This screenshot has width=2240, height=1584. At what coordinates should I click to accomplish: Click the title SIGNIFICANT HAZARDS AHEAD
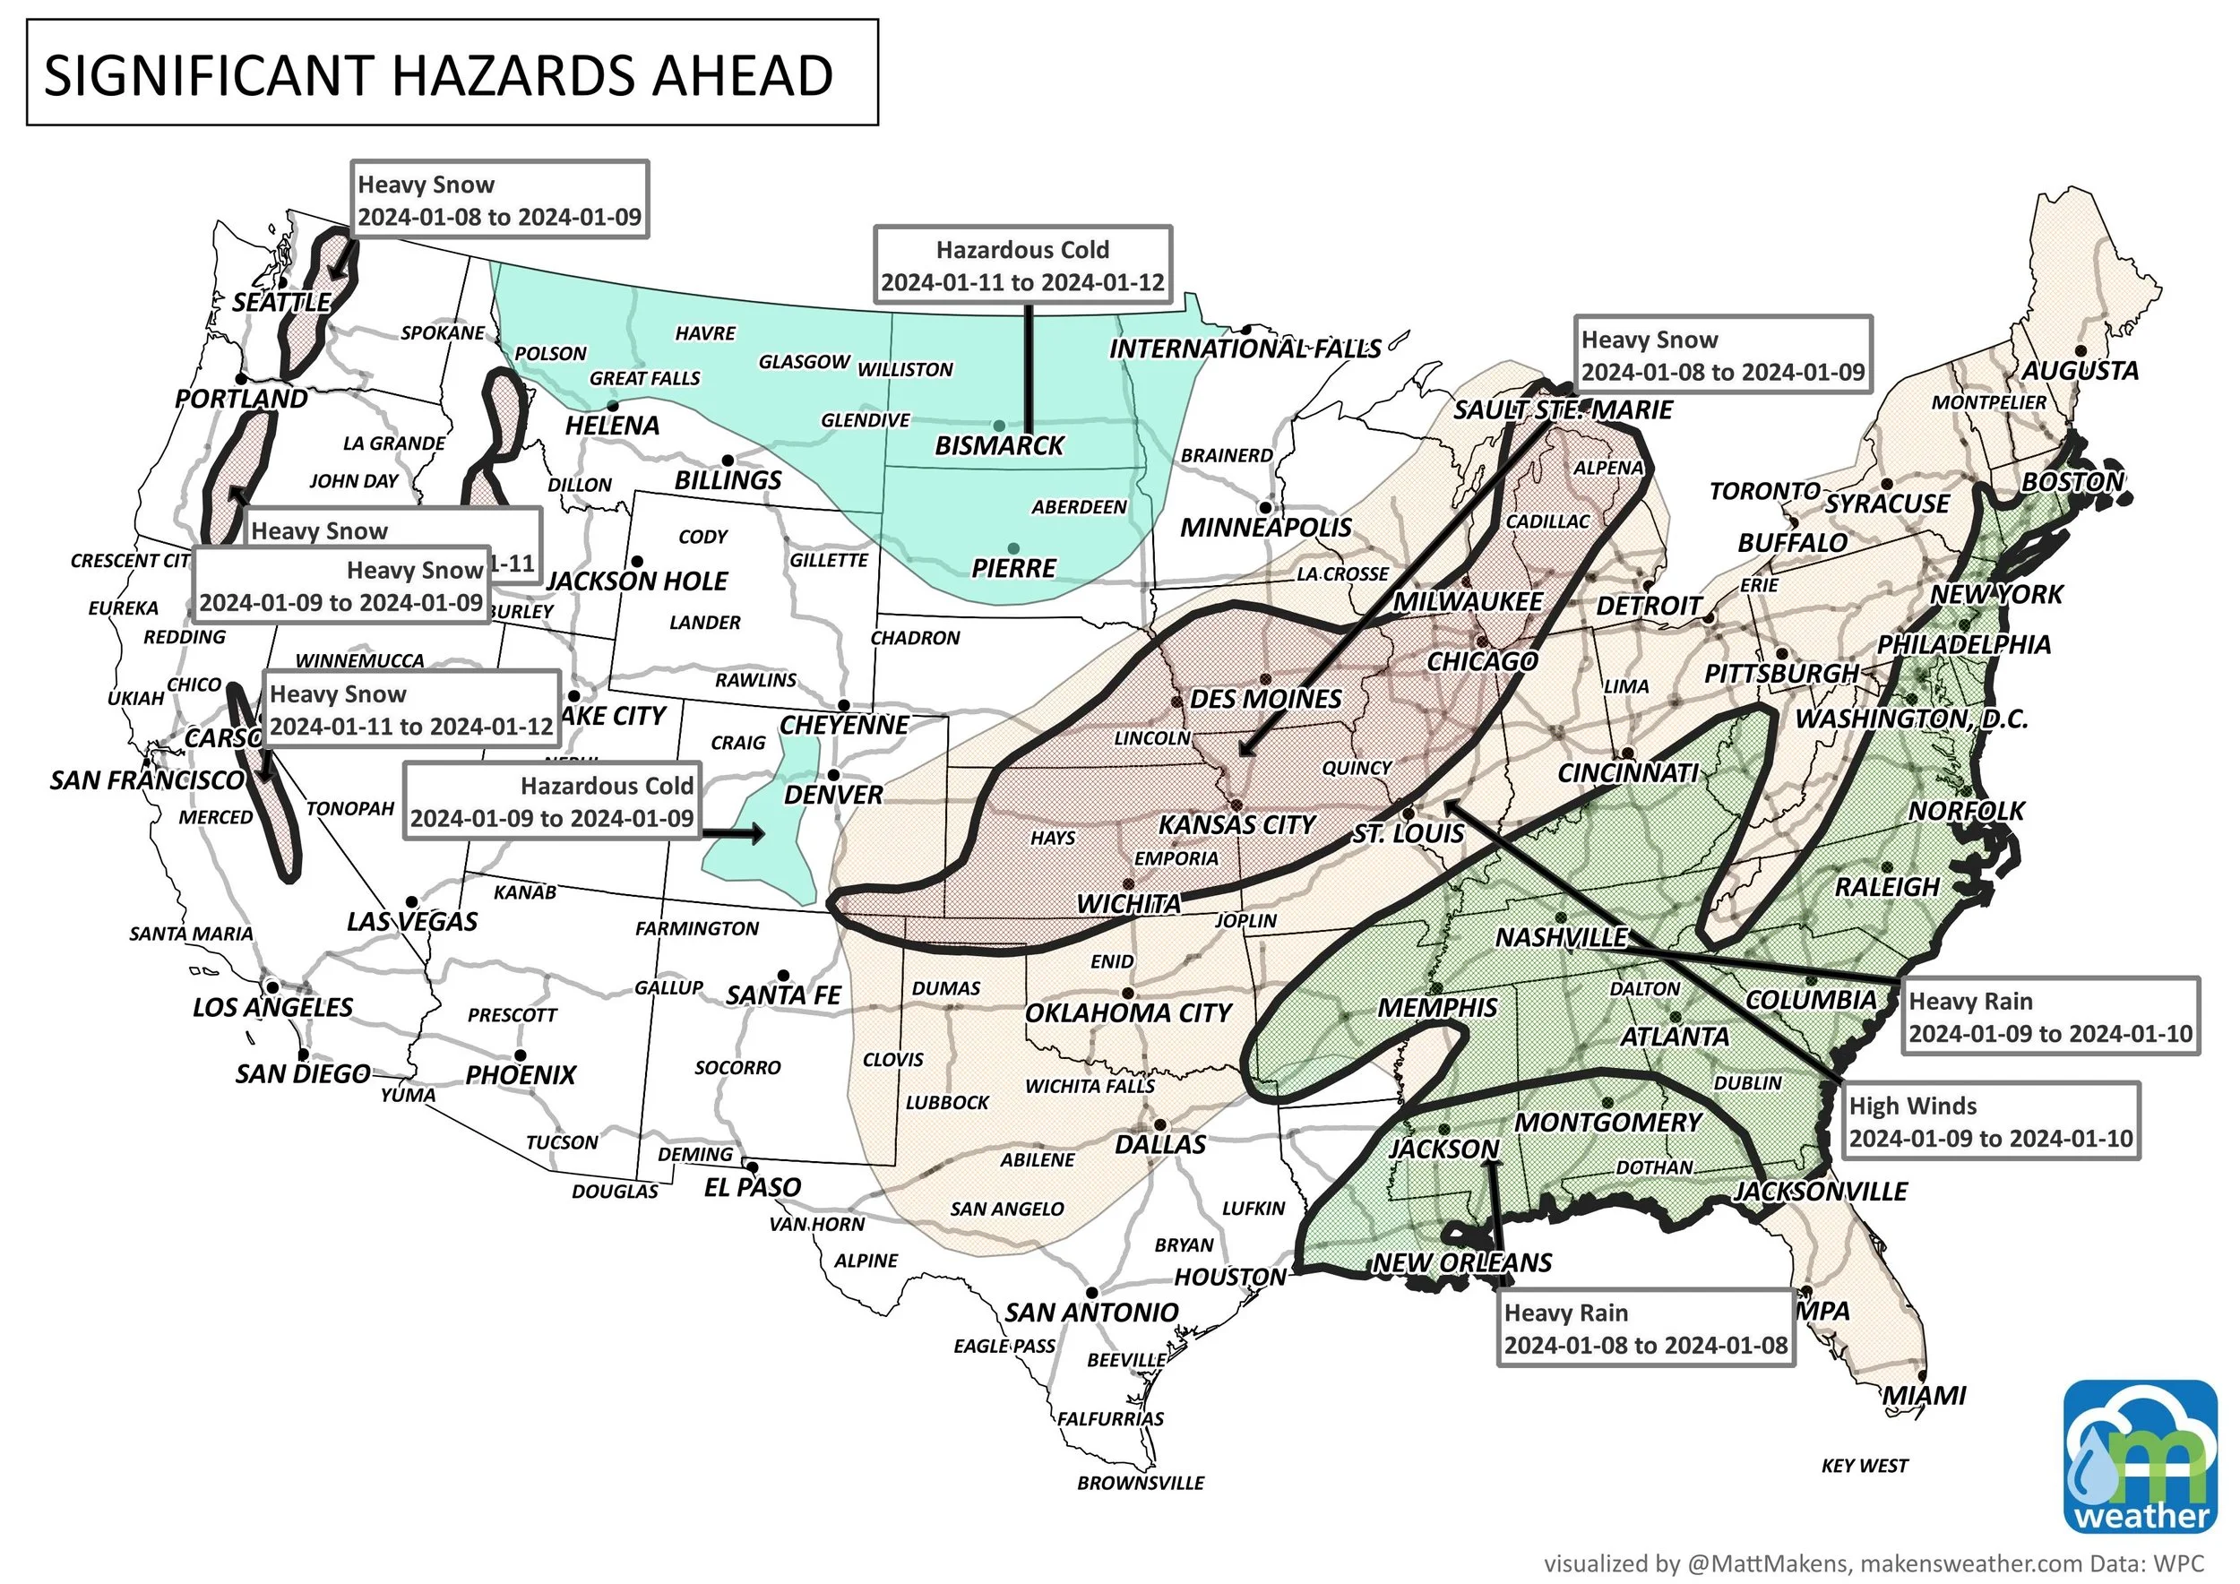[x=439, y=75]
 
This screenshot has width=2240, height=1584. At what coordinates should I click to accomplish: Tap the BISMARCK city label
[x=999, y=446]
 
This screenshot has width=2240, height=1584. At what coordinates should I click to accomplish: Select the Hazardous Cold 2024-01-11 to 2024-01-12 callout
[x=1021, y=266]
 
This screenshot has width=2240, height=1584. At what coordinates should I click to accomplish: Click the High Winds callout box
[x=1990, y=1122]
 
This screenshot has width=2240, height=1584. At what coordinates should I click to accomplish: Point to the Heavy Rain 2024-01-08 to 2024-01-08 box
[x=1645, y=1329]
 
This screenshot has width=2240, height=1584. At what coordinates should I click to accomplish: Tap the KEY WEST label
[x=1865, y=1466]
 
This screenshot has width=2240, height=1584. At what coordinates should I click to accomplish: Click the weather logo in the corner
[x=2139, y=1457]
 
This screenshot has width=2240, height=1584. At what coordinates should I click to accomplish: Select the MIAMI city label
[x=1923, y=1396]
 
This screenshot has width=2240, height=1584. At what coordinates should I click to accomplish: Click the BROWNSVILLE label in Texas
[x=1140, y=1484]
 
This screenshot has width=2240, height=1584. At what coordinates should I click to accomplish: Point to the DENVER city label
[x=832, y=795]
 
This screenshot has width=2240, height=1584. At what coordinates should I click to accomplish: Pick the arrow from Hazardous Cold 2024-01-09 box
[x=732, y=834]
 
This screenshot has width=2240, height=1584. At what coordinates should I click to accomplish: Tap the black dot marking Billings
[x=728, y=461]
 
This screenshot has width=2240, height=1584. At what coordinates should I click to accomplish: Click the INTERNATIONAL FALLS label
[x=1245, y=349]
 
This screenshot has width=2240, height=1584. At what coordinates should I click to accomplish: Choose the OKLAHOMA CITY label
[x=1130, y=1013]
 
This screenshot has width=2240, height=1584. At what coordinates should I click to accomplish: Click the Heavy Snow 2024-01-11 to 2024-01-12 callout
[x=410, y=710]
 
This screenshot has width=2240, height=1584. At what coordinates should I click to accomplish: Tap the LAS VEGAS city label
[x=411, y=922]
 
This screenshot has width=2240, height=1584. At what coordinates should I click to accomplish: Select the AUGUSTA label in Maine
[x=2079, y=371]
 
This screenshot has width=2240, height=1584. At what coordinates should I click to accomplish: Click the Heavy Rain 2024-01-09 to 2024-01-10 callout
[x=2050, y=1017]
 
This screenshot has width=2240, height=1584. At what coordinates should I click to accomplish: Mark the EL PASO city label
[x=753, y=1188]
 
